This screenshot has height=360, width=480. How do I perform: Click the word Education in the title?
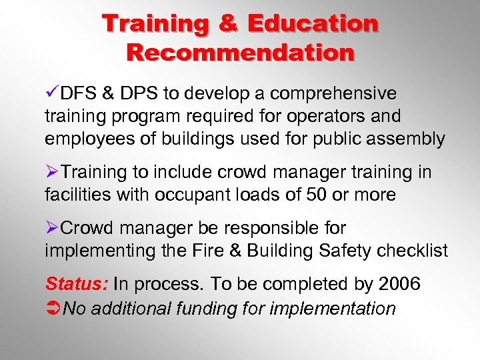312,24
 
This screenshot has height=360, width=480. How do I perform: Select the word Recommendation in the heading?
240,53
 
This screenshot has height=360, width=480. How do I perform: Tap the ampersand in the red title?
228,24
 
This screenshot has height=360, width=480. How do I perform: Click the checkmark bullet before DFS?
51,93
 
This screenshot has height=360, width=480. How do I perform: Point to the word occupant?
188,195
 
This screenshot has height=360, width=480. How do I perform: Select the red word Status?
76,284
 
